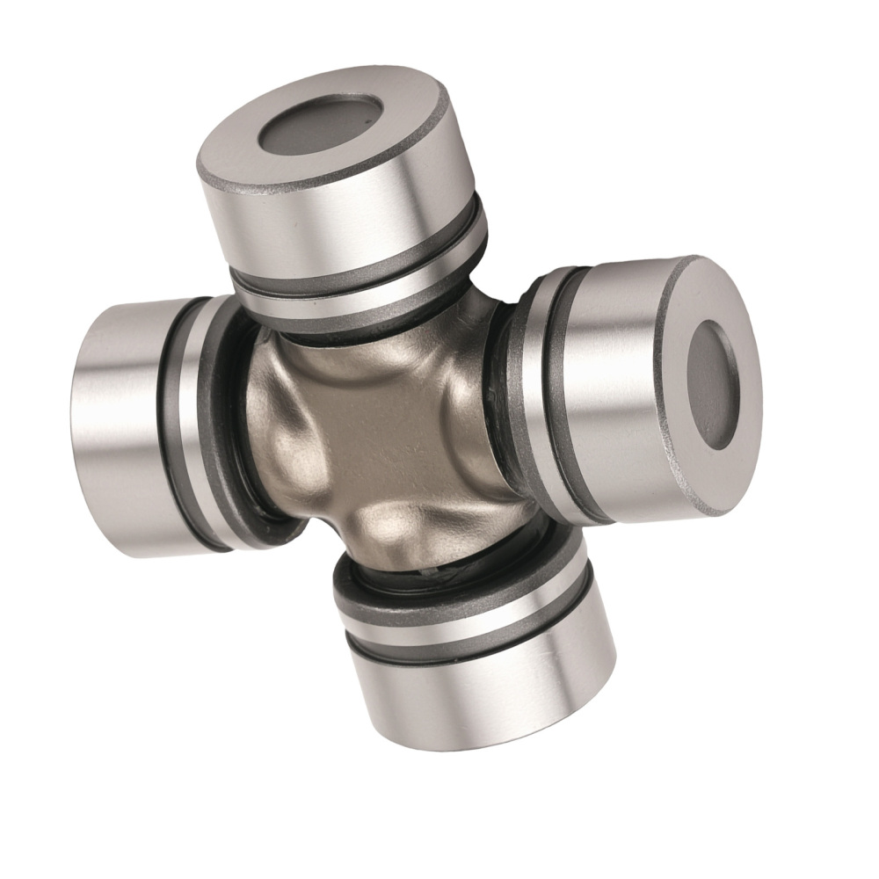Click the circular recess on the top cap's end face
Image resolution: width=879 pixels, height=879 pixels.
[321, 128]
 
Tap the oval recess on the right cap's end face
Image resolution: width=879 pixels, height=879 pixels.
[710, 384]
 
